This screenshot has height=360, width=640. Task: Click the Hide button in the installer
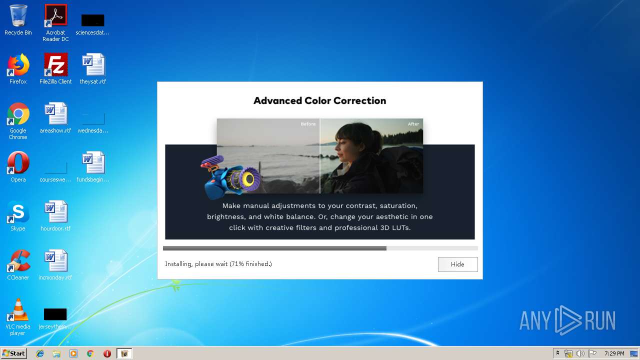point(457,264)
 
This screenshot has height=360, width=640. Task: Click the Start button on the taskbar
point(13,353)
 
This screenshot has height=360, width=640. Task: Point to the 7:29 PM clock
point(614,353)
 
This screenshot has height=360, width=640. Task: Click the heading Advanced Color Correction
point(319,100)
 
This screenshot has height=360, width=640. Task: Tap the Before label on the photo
point(308,124)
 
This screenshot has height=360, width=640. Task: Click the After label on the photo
point(413,124)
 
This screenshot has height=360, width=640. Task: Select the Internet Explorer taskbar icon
point(40,353)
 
